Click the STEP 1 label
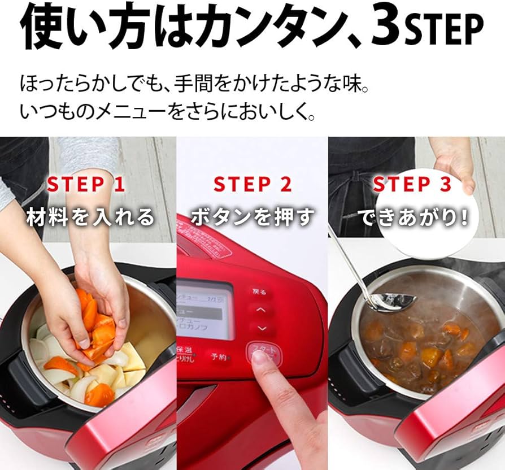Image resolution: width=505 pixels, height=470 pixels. click(x=85, y=185)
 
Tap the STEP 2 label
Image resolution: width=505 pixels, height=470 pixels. click(x=252, y=185)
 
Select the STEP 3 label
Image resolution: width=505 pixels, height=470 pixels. click(x=412, y=185)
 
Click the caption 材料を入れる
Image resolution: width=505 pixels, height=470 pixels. click(x=90, y=217)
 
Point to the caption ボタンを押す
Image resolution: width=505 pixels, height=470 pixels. click(x=252, y=217)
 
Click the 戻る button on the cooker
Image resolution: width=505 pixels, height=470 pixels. click(x=259, y=292)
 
